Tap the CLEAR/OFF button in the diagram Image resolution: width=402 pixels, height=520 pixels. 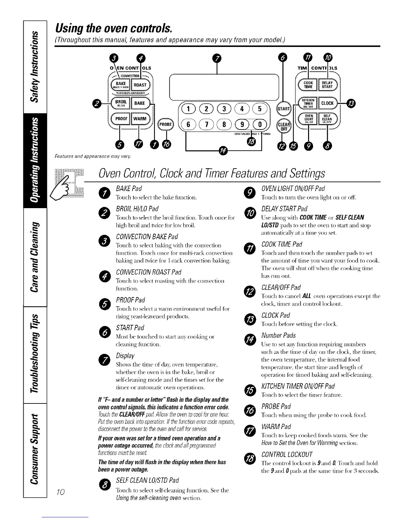click(x=282, y=126)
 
